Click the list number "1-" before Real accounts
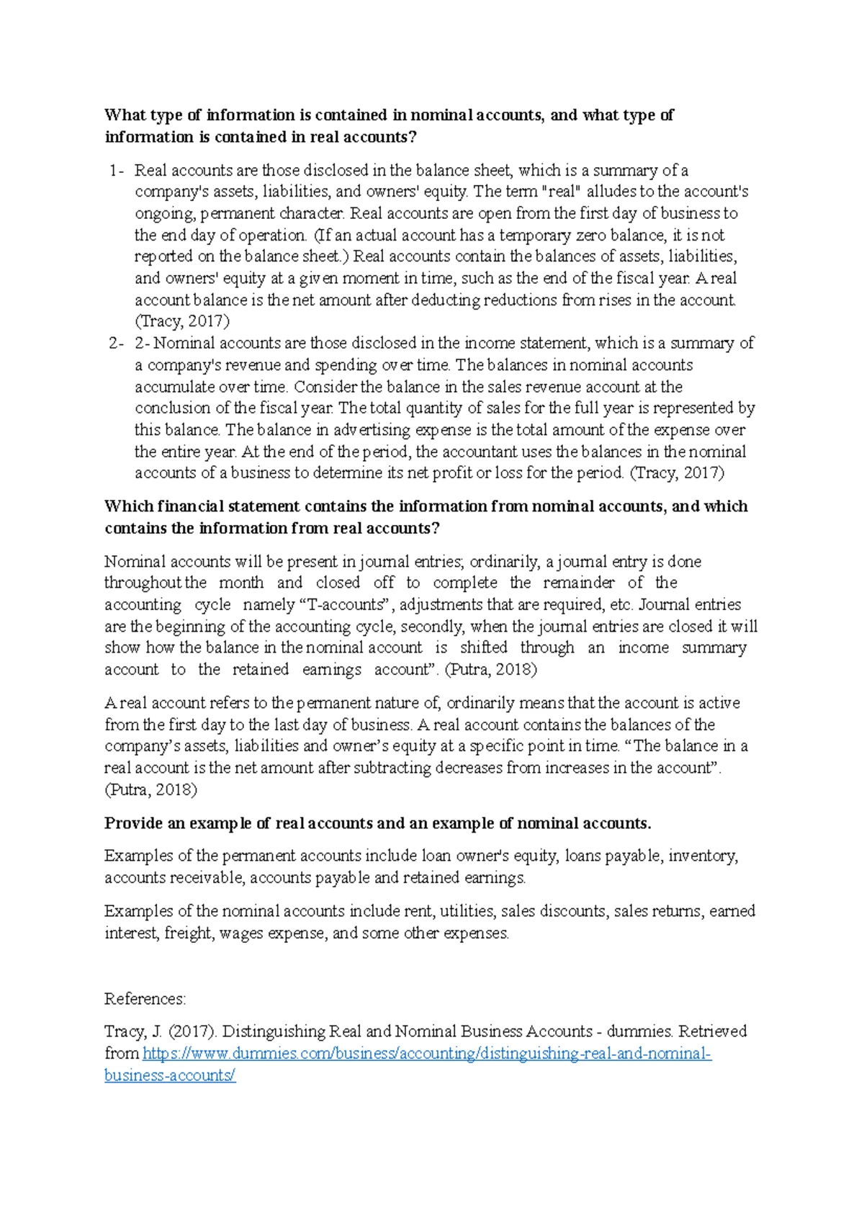(x=117, y=171)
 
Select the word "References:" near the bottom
(x=145, y=999)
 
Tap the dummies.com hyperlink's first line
(x=427, y=1054)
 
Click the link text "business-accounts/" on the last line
(x=170, y=1075)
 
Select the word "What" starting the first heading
(x=125, y=115)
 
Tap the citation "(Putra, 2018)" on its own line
(x=150, y=789)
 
